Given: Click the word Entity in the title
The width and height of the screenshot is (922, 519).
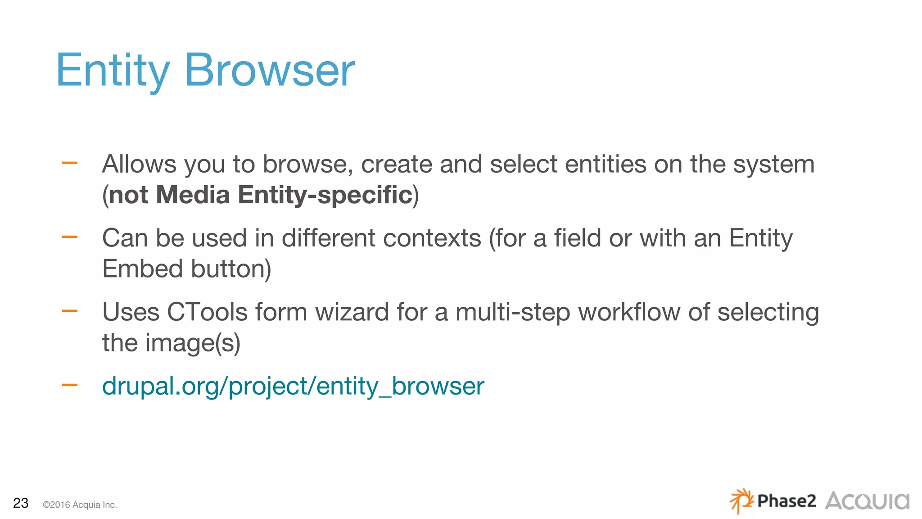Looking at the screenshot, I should [113, 71].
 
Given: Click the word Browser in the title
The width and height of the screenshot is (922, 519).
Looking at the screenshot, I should [270, 71].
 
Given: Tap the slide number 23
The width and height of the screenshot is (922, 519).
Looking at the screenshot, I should [21, 503].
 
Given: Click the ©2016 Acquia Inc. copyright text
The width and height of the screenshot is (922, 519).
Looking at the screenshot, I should [80, 505].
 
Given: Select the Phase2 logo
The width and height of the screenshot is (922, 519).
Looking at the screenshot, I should [773, 501].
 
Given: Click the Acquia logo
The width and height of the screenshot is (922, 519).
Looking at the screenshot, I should [867, 501].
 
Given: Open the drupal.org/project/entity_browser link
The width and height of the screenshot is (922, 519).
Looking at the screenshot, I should [293, 386].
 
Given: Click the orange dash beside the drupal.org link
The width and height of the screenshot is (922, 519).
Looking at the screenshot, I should [70, 385].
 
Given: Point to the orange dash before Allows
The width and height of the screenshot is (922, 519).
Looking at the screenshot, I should [70, 163].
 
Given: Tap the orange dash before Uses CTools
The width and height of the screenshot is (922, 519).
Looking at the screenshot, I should [70, 311].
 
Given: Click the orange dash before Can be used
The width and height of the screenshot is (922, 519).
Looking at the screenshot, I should [70, 237].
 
